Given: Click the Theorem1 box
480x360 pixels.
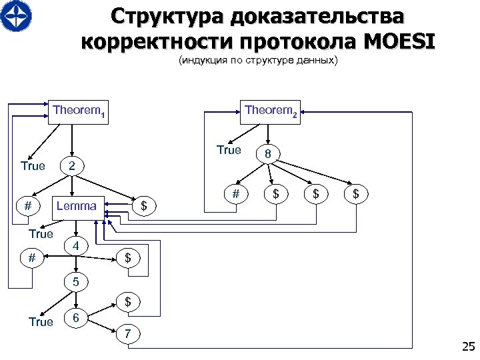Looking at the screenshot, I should pyautogui.click(x=79, y=112).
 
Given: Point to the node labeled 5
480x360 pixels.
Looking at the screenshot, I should pyautogui.click(x=77, y=281).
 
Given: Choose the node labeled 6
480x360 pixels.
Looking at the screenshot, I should pyautogui.click(x=77, y=318).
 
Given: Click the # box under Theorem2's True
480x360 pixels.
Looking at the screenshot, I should pyautogui.click(x=235, y=194).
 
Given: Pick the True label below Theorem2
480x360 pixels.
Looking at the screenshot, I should pyautogui.click(x=229, y=151).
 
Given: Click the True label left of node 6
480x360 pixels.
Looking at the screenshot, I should pyautogui.click(x=41, y=322).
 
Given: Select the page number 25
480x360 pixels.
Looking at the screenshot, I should pyautogui.click(x=467, y=346).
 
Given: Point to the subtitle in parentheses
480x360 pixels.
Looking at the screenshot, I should pyautogui.click(x=258, y=61).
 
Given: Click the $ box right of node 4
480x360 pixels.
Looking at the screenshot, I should pyautogui.click(x=128, y=257).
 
